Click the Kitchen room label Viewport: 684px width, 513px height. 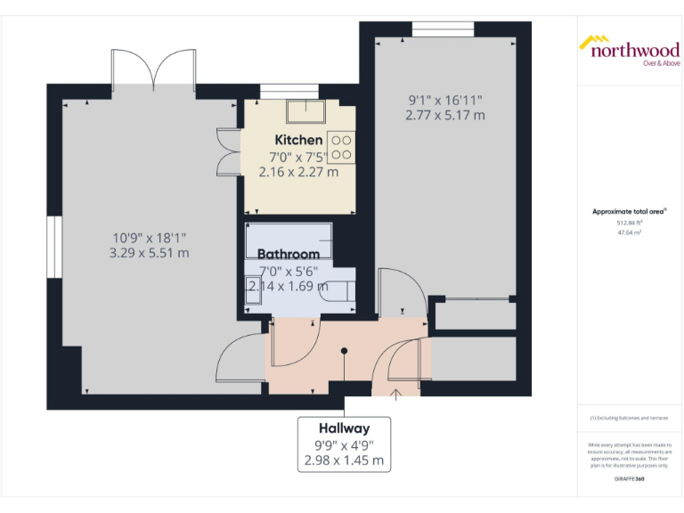click(298, 140)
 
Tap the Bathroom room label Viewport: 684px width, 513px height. click(289, 254)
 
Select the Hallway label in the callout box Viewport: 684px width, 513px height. click(345, 428)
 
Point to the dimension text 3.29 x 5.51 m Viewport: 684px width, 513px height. click(150, 254)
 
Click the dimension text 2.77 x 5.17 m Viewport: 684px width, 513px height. click(445, 115)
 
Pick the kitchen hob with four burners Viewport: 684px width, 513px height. click(341, 146)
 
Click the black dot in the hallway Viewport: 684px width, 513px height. click(344, 350)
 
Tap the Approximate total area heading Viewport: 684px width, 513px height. click(630, 211)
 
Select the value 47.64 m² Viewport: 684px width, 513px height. click(630, 232)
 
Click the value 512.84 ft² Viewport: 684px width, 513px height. click(630, 223)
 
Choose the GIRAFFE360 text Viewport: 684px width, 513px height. click(630, 480)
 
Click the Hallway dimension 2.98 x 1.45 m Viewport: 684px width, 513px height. click(345, 460)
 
